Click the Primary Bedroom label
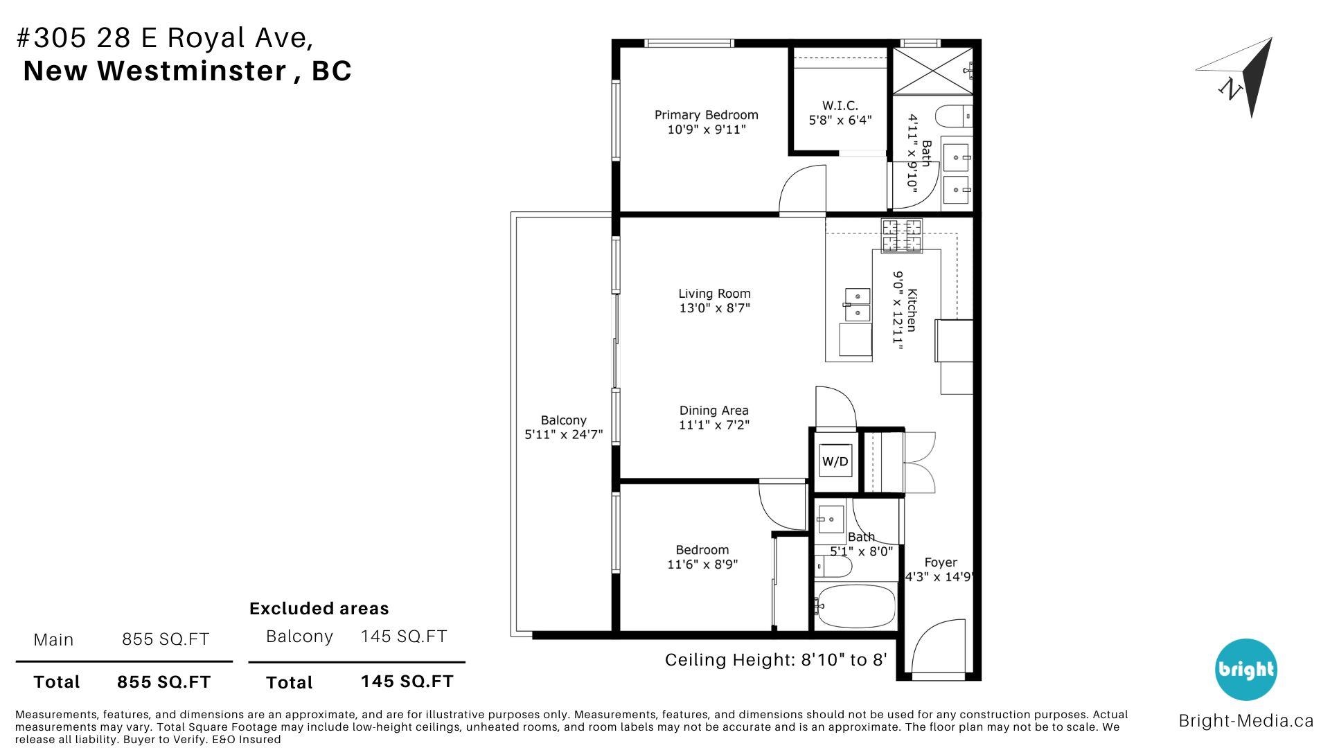tap(706, 115)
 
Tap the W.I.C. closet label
tap(840, 106)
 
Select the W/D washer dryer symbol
tap(835, 461)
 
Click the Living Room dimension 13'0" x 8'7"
tap(714, 308)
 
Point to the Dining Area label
tap(713, 411)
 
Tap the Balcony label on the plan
tap(563, 420)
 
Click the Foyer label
tap(940, 562)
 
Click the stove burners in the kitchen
tap(901, 235)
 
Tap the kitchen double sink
tap(856, 305)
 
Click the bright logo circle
tap(1245, 669)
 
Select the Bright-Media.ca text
tap(1245, 721)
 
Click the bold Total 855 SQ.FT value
tap(163, 682)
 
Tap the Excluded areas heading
tap(319, 609)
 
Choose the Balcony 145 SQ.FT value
tap(404, 636)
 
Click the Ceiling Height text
tap(776, 660)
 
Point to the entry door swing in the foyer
tap(935, 644)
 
